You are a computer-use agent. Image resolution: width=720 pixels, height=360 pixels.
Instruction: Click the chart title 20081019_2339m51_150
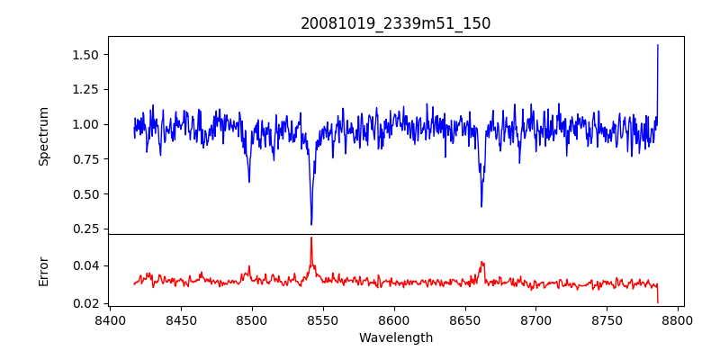395,24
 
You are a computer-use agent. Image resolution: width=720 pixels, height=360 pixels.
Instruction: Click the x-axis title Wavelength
395,338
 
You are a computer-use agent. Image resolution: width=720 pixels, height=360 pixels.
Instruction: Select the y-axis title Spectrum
44,136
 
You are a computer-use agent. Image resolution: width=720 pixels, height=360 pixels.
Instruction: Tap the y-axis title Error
44,271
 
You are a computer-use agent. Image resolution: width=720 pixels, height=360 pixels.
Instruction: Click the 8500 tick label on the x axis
252,319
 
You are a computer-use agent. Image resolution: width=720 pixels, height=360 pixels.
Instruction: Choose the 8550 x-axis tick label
323,319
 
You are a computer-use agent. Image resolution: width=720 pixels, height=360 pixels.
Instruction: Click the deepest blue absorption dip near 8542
311,224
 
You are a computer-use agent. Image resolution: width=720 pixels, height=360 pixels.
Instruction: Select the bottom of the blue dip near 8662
481,206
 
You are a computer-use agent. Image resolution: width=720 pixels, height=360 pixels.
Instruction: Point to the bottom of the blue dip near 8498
249,182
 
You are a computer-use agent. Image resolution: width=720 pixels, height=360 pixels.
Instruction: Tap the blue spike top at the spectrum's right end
658,45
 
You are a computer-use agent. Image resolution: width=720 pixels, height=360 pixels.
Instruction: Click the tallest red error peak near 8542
311,238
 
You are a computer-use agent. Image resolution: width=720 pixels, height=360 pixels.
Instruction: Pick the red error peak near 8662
481,262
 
